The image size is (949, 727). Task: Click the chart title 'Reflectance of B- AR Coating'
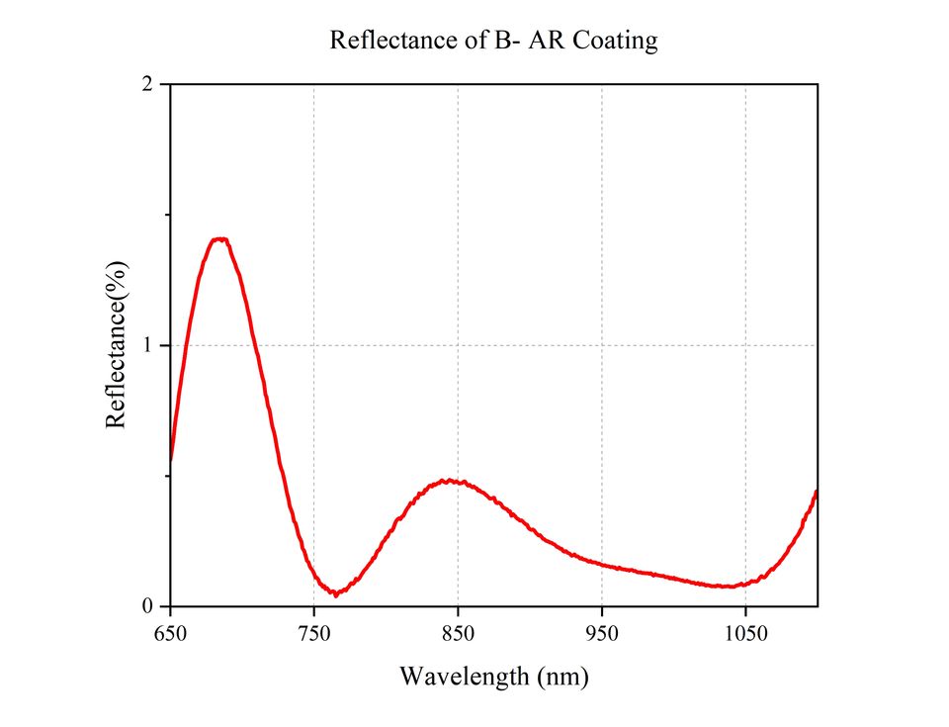[x=493, y=41]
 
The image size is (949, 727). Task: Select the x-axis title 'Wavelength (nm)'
[x=494, y=676]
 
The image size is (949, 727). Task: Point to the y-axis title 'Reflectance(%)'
[x=116, y=345]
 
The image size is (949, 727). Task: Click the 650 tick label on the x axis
[x=170, y=633]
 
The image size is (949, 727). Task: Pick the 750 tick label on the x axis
[x=314, y=633]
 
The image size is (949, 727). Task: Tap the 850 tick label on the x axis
[x=458, y=633]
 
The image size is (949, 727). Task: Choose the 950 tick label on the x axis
[x=602, y=633]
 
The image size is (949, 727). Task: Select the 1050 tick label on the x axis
[x=745, y=633]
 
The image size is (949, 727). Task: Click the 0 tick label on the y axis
[x=147, y=605]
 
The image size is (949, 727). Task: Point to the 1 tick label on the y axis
[x=147, y=345]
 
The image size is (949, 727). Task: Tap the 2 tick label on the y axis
[x=147, y=84]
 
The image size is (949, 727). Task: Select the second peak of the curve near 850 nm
[x=449, y=481]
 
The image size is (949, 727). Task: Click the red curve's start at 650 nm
[x=171, y=459]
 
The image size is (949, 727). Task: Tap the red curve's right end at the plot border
[x=817, y=492]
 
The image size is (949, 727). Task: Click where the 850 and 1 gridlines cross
[x=458, y=345]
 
